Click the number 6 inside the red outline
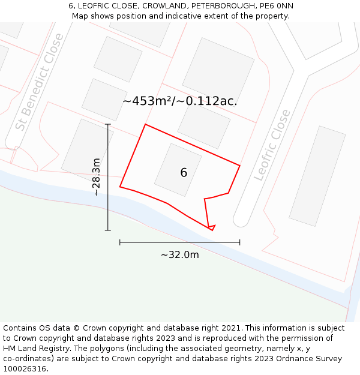pyautogui.click(x=184, y=173)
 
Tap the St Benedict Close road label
pyautogui.click(x=40, y=82)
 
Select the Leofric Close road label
pyautogui.click(x=272, y=145)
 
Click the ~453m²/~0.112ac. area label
pyautogui.click(x=180, y=101)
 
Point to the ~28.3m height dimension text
pyautogui.click(x=96, y=177)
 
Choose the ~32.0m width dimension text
pyautogui.click(x=180, y=254)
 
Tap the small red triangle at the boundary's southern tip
pyautogui.click(x=211, y=227)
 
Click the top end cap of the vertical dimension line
pyautogui.click(x=108, y=124)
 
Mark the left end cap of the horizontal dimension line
pyautogui.click(x=120, y=242)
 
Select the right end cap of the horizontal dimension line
pyautogui.click(x=240, y=242)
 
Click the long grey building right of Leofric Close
pyautogui.click(x=317, y=176)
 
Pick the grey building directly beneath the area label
pyautogui.click(x=204, y=127)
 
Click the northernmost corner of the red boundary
pyautogui.click(x=145, y=125)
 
